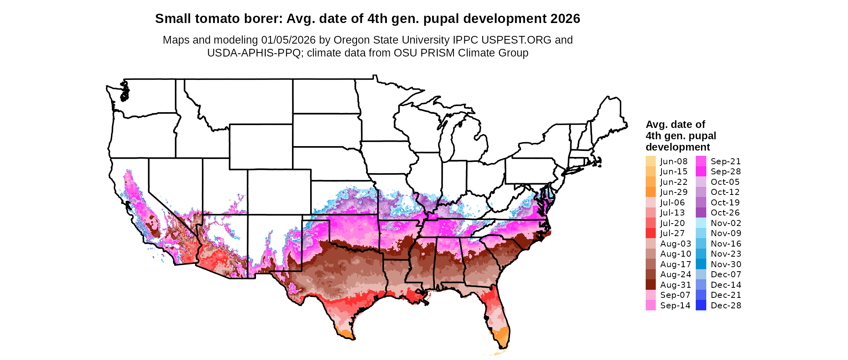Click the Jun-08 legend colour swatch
pos(651,161)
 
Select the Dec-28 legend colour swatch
pos(701,305)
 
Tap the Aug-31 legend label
pos(675,285)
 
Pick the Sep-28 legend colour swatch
pos(701,172)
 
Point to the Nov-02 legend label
pos(726,223)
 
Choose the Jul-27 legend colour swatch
pos(651,233)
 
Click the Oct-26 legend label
pos(726,213)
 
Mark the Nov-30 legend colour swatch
pos(701,264)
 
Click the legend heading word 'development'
pos(678,147)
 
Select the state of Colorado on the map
pos(279,192)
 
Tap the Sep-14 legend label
pos(675,305)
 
